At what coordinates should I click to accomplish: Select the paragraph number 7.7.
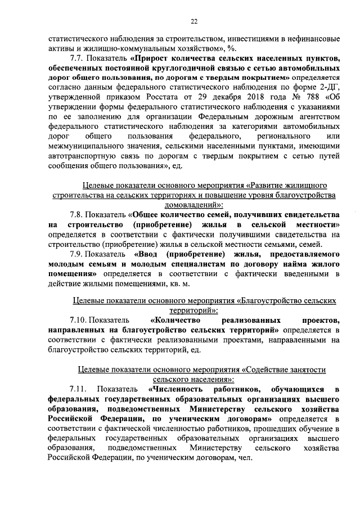(77, 57)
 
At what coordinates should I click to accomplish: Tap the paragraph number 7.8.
(77, 214)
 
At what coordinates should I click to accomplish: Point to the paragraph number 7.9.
(77, 254)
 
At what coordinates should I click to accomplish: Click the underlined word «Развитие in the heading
(268, 184)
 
